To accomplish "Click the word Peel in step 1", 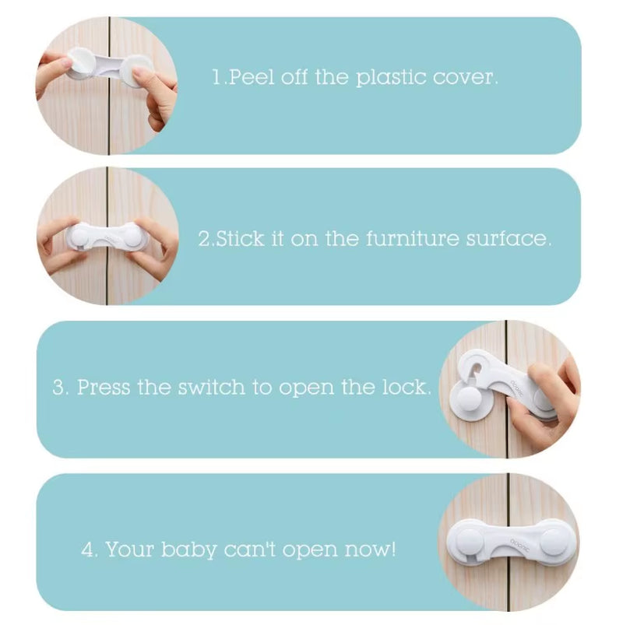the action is click(252, 77).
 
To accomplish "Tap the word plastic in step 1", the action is click(390, 78).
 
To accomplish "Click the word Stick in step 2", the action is click(240, 238).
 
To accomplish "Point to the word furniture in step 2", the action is click(413, 238).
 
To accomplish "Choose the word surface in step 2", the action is click(506, 238).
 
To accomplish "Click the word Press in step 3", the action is click(104, 387).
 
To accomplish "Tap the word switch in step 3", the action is click(211, 387).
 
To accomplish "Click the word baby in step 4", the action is click(188, 550).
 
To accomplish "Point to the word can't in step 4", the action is click(250, 550).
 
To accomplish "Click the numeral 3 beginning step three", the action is click(58, 388).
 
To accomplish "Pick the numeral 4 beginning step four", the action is click(87, 550).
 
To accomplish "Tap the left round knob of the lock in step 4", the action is click(469, 541).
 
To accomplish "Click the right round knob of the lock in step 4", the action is click(555, 541).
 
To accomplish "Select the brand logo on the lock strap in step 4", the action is click(519, 545).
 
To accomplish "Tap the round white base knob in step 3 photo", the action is click(470, 398).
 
